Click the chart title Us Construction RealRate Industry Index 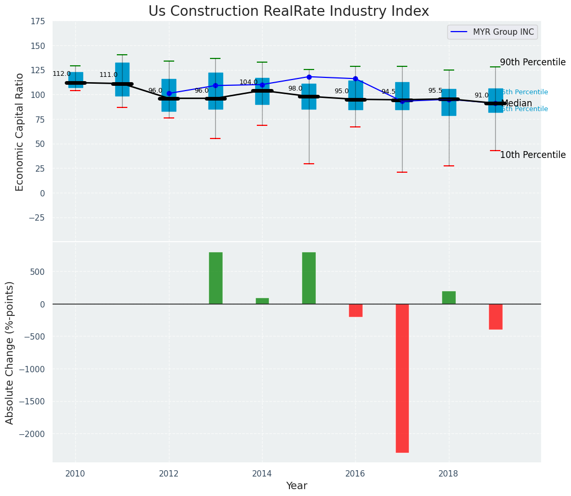click(x=288, y=12)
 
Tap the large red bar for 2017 click(x=402, y=378)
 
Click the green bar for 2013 click(x=215, y=278)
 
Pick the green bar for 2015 click(x=309, y=278)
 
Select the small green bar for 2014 click(x=262, y=301)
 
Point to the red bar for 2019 click(x=495, y=316)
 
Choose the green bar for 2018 click(x=449, y=297)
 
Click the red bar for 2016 click(x=355, y=310)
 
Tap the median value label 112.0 click(x=62, y=74)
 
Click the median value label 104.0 click(x=248, y=82)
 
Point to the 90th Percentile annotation click(x=533, y=62)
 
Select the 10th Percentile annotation click(x=533, y=155)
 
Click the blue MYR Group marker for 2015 click(x=309, y=77)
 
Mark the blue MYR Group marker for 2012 click(x=169, y=93)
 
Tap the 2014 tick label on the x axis click(x=262, y=473)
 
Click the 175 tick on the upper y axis click(x=38, y=22)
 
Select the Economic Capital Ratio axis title click(x=20, y=132)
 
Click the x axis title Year click(x=297, y=486)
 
